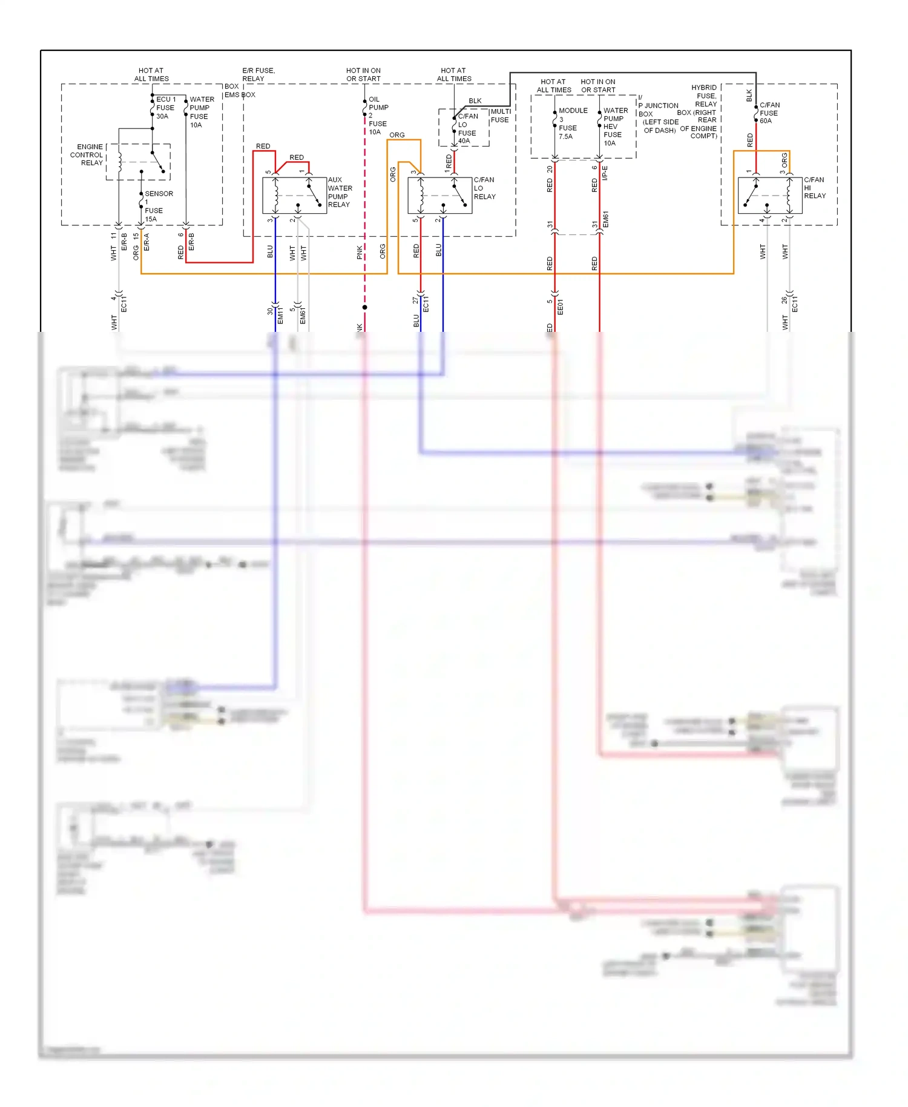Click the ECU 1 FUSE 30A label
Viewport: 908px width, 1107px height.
pos(165,108)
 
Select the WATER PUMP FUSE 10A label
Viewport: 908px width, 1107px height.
pos(201,112)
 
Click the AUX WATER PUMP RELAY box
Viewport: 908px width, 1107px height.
pos(294,195)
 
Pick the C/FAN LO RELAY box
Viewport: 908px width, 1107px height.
pos(440,195)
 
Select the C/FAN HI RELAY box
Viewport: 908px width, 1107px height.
pos(770,195)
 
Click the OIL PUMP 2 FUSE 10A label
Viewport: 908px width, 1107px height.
pos(378,116)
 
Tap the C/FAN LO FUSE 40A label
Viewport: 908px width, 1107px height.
pos(467,128)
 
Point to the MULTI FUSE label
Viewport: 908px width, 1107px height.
pos(500,116)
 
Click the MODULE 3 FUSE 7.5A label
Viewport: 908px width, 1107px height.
pos(571,124)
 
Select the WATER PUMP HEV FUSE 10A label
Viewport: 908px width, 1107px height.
pos(615,127)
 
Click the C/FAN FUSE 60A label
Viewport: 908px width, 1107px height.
pos(769,113)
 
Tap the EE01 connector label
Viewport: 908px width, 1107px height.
pos(560,307)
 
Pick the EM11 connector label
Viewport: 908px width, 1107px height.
pos(280,315)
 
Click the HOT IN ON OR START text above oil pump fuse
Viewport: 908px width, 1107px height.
pos(363,74)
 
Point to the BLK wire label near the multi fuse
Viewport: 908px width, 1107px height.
pos(475,101)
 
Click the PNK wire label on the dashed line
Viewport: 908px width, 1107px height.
pos(360,253)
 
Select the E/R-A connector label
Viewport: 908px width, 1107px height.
pos(146,242)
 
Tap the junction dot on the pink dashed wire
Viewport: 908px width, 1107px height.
pos(364,308)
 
